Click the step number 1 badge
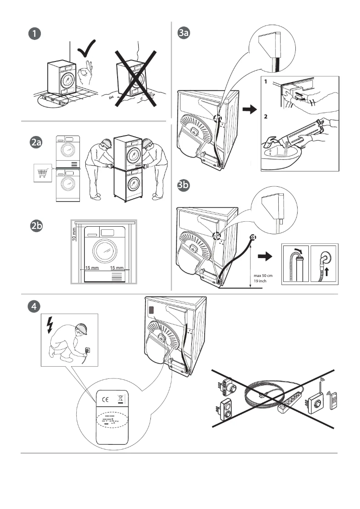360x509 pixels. (x=34, y=34)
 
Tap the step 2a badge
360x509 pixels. (x=36, y=143)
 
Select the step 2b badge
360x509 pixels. (x=36, y=227)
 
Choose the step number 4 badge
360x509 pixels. (x=34, y=307)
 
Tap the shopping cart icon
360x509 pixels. (x=43, y=174)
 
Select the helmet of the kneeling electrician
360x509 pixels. (x=81, y=329)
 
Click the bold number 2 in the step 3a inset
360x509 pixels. (x=266, y=116)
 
